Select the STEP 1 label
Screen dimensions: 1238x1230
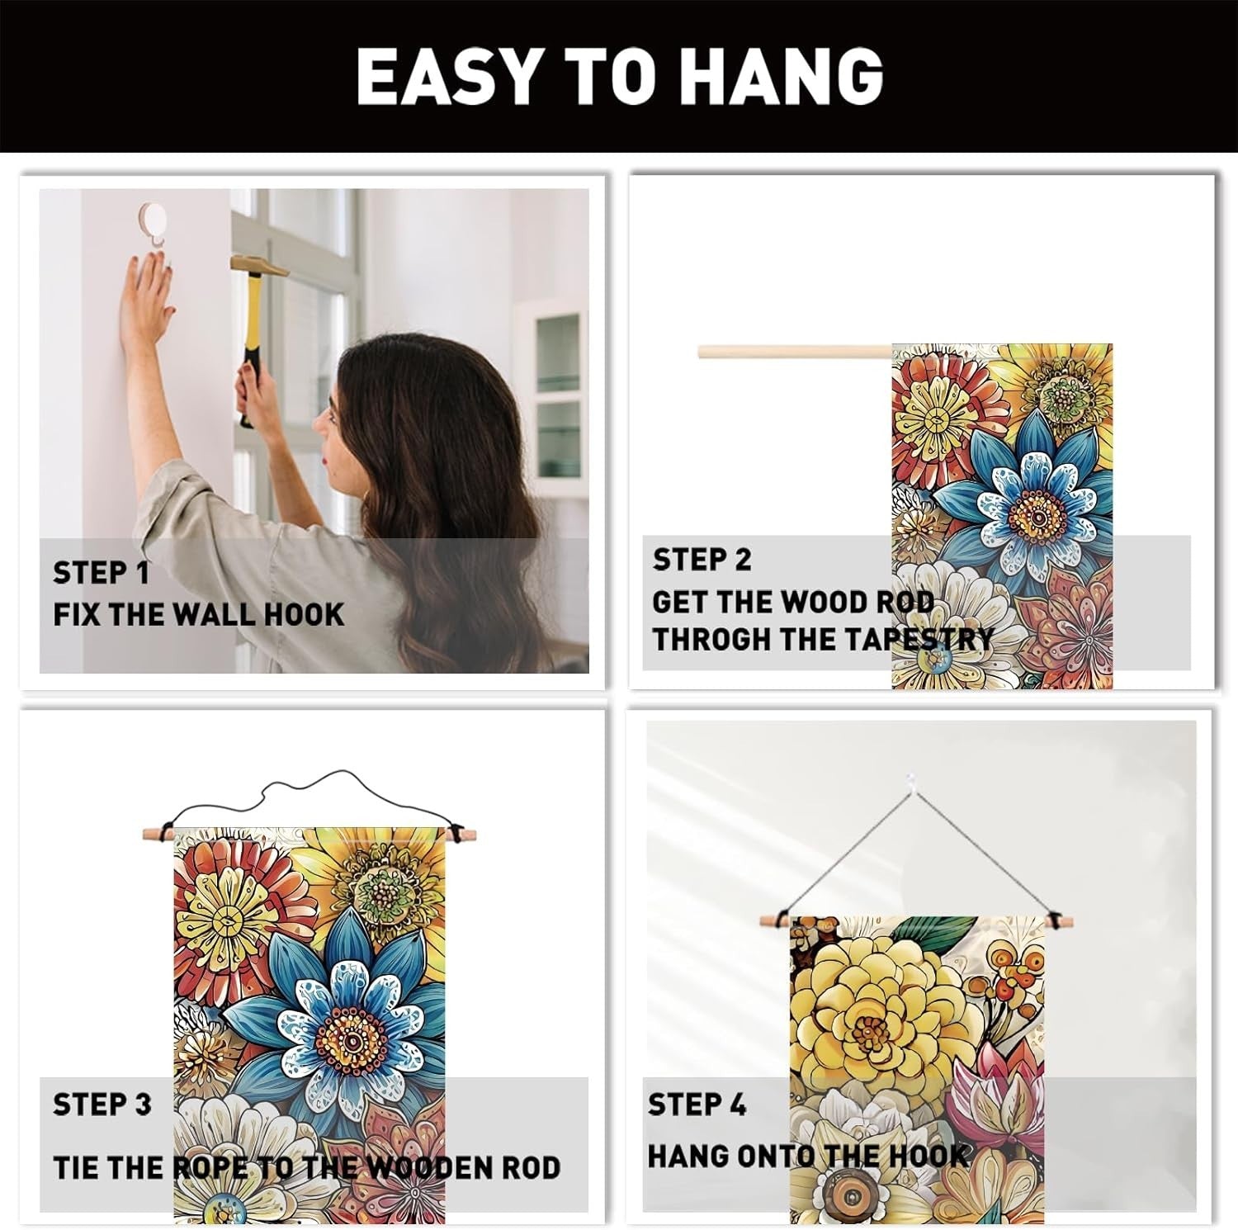[x=101, y=573]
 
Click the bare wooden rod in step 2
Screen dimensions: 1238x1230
[x=795, y=352]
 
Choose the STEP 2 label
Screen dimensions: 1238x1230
[x=702, y=560]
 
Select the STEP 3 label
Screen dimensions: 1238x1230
[x=102, y=1105]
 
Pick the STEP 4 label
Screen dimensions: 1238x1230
[x=697, y=1105]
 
